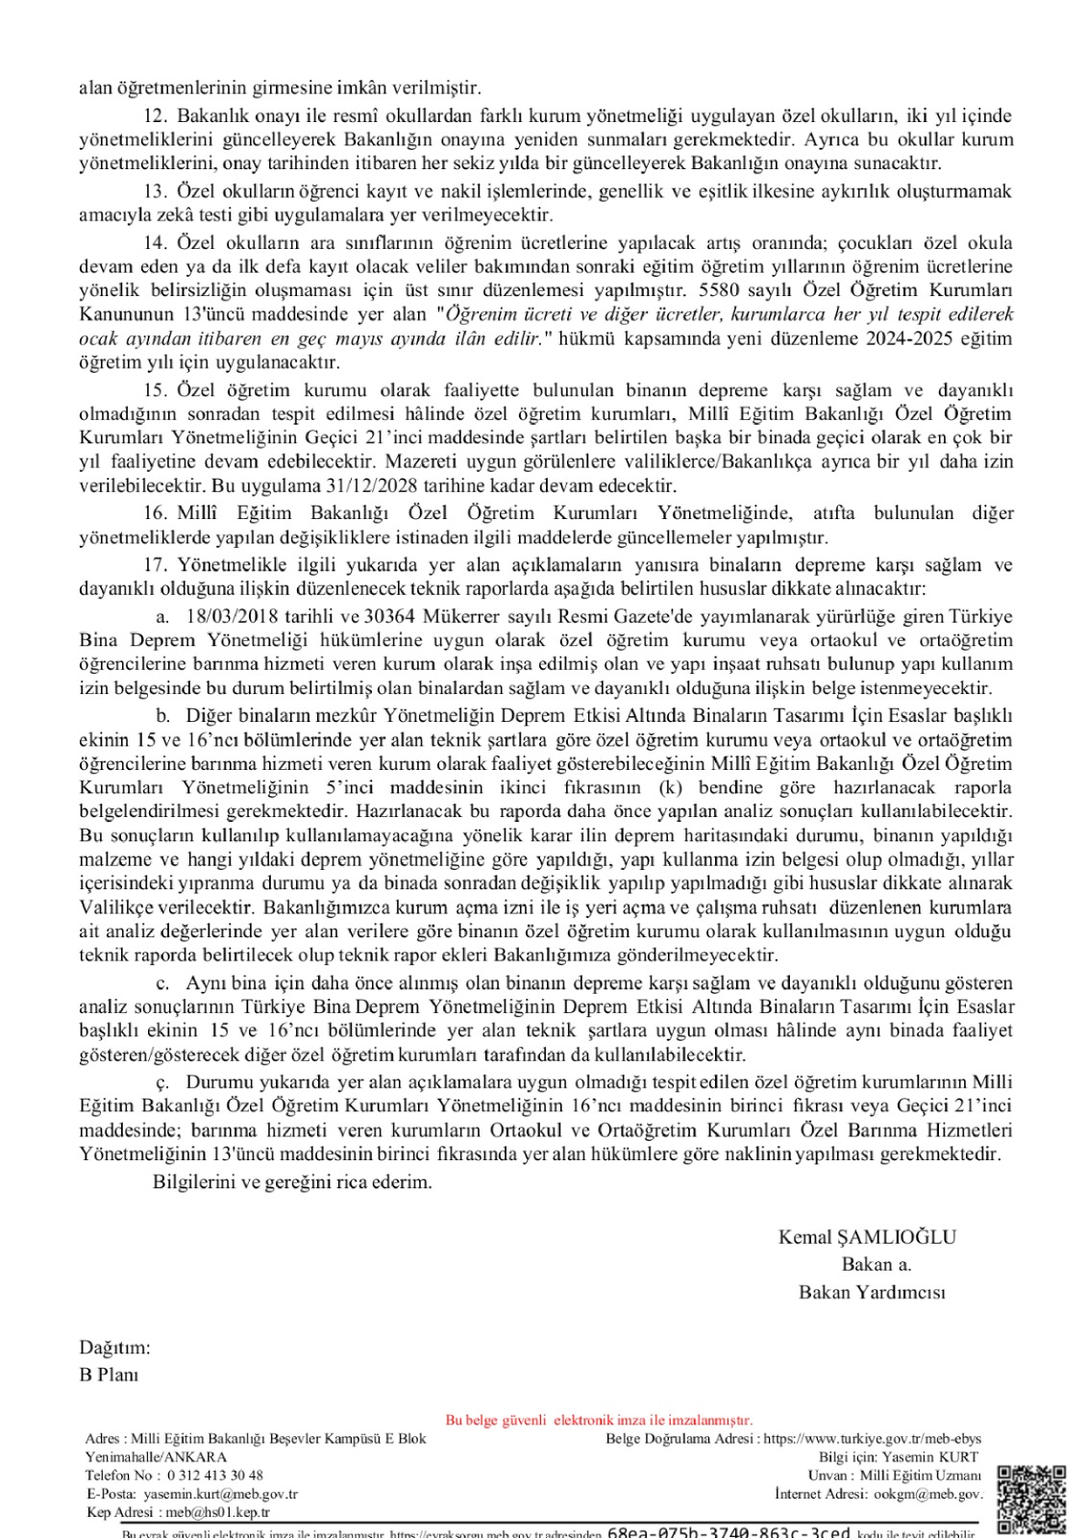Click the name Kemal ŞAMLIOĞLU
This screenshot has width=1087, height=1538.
click(x=867, y=1237)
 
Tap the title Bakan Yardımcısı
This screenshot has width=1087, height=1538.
click(x=872, y=1292)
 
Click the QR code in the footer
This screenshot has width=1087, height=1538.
click(x=1031, y=1498)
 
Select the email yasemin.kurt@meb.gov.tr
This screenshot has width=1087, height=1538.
click(x=220, y=1494)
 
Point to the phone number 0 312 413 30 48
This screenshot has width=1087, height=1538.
click(x=214, y=1475)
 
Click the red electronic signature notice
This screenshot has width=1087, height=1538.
click(x=599, y=1420)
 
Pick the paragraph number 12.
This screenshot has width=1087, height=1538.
click(x=154, y=115)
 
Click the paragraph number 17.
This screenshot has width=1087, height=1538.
click(x=154, y=564)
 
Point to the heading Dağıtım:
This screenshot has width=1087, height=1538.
click(x=114, y=1348)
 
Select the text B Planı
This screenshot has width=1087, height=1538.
click(x=109, y=1375)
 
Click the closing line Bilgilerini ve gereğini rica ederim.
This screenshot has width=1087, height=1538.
click(x=292, y=1182)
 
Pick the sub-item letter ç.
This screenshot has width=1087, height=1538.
click(x=163, y=1081)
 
